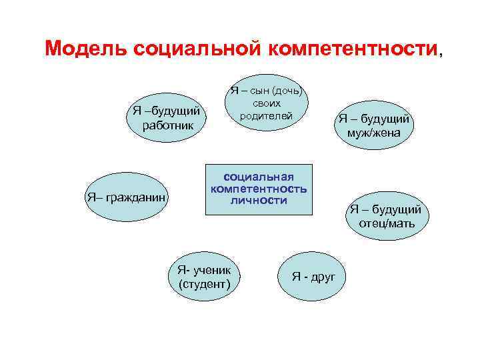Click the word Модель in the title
(86, 48)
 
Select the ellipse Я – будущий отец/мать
(386, 216)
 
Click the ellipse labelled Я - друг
(313, 275)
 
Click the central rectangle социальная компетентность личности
(259, 189)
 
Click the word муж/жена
(373, 132)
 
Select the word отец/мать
(387, 223)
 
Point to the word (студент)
(205, 285)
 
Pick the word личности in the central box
(259, 200)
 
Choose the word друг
(323, 276)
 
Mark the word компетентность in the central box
(259, 189)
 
